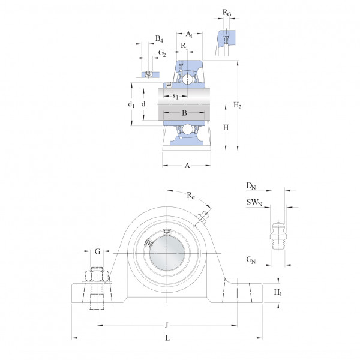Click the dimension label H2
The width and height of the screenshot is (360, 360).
(237, 105)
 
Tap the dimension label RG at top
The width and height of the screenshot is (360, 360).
(227, 13)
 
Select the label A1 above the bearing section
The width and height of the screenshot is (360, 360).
(189, 34)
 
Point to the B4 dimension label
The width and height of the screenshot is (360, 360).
(159, 38)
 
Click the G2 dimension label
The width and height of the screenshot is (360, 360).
(162, 53)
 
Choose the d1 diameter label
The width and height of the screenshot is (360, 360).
(131, 104)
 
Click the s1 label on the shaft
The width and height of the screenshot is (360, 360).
(175, 96)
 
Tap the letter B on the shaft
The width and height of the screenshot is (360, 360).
(184, 113)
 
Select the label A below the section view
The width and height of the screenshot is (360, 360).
(187, 166)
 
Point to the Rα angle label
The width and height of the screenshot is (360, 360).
(191, 196)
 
